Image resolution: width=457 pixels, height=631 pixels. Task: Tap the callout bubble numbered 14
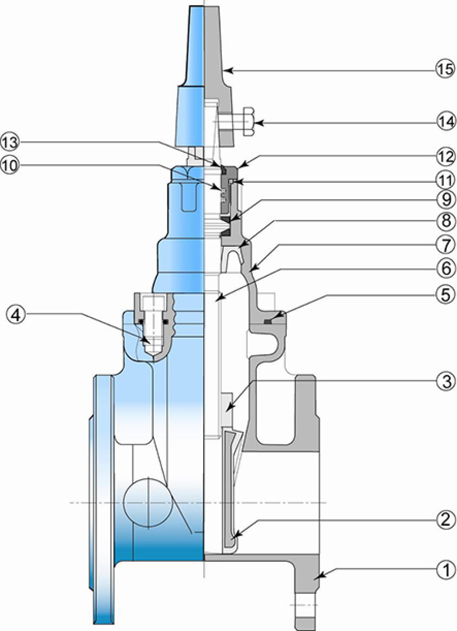(x=445, y=123)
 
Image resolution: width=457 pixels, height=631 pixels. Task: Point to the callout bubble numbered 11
(x=445, y=180)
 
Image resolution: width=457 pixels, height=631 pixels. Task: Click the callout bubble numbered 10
(x=11, y=166)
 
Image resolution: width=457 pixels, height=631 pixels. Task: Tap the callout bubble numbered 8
(x=445, y=221)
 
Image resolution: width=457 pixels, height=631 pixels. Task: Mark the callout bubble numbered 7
(x=445, y=245)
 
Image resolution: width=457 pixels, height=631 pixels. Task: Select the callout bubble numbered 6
(x=445, y=269)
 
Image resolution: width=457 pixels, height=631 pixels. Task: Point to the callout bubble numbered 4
(x=16, y=316)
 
